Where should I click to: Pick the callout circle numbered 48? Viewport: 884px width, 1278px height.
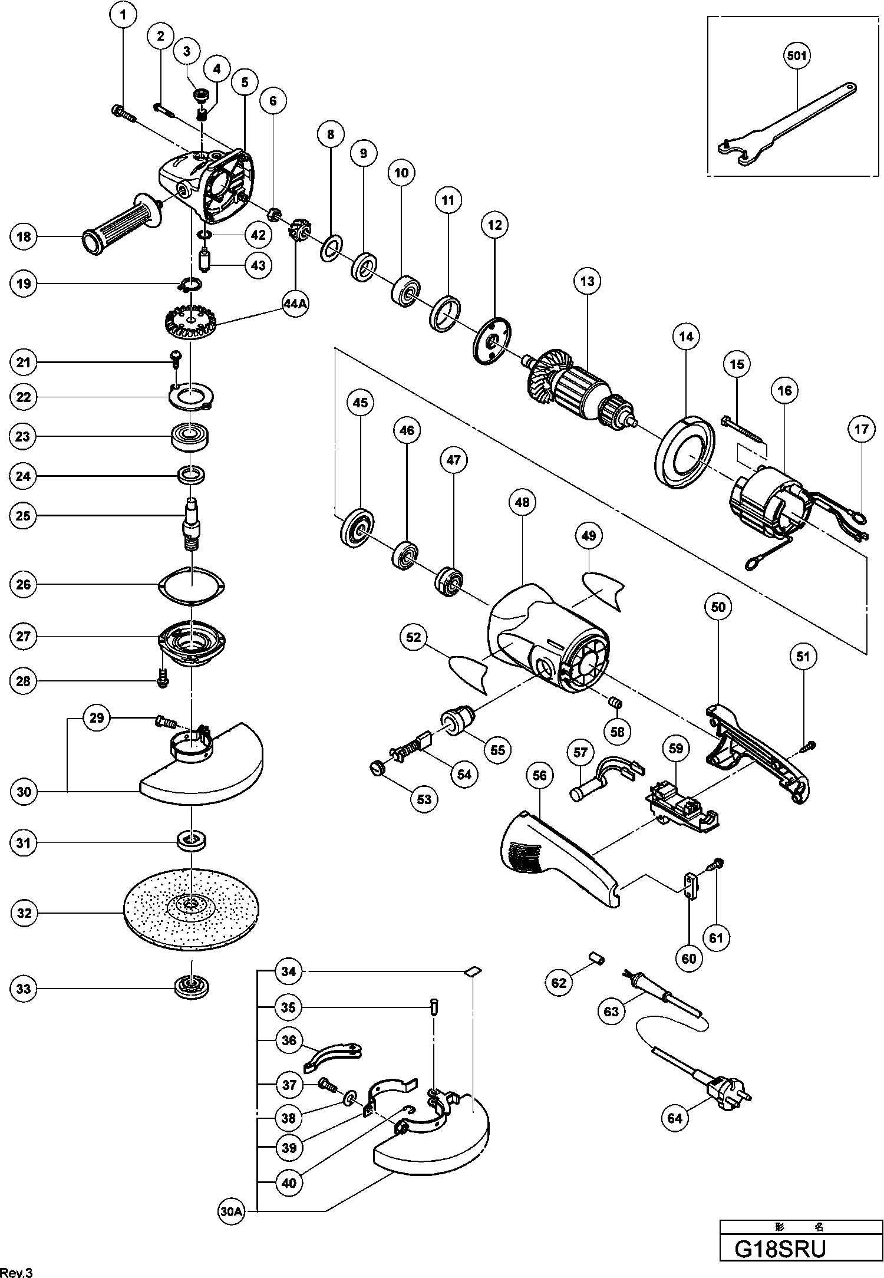click(x=522, y=502)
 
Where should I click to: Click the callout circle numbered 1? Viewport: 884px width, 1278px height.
click(x=123, y=15)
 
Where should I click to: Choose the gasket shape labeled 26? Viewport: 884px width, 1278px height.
click(x=193, y=585)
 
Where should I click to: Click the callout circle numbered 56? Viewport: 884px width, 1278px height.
click(x=540, y=776)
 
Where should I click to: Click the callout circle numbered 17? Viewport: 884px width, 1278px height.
click(x=862, y=429)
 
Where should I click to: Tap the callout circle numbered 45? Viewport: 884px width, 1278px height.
click(x=360, y=403)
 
